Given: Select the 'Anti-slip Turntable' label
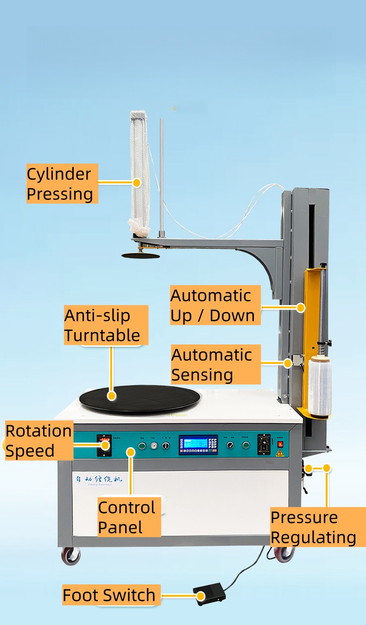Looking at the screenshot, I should coord(106,325).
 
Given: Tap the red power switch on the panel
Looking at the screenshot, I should coord(280,444).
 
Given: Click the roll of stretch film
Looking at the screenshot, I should coord(320,387).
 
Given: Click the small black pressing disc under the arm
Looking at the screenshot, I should coord(140,256).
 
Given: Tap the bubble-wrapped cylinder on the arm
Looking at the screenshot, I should coord(139,171).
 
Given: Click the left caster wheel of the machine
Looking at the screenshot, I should coord(71,556).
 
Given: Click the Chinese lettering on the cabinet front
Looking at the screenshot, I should coord(98,479).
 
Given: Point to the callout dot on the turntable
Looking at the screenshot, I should coord(111,396).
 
